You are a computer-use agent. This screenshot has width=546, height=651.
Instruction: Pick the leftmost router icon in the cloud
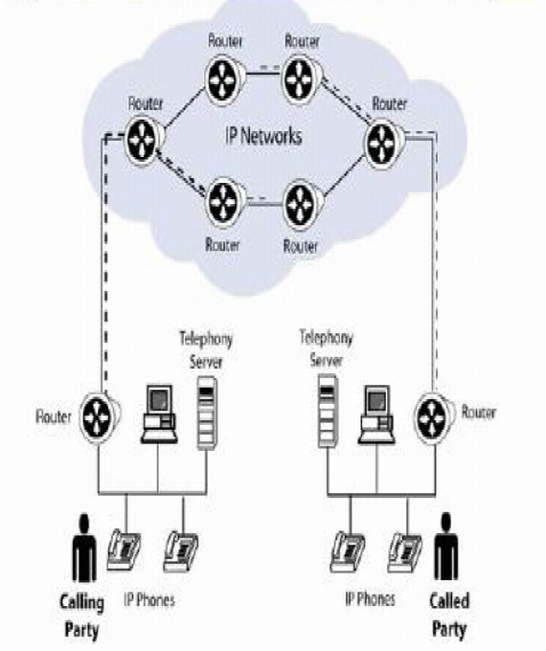[x=146, y=133]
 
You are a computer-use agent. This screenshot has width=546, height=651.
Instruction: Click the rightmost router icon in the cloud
[x=384, y=141]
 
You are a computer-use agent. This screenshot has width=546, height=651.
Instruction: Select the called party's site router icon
[x=433, y=415]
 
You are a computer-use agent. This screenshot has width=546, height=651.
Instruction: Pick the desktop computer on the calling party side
[x=157, y=415]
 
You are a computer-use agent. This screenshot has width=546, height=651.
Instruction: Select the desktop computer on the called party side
[x=376, y=415]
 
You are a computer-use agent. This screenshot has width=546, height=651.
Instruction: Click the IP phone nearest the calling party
[x=125, y=551]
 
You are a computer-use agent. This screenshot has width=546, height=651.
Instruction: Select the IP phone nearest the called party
[x=405, y=551]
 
